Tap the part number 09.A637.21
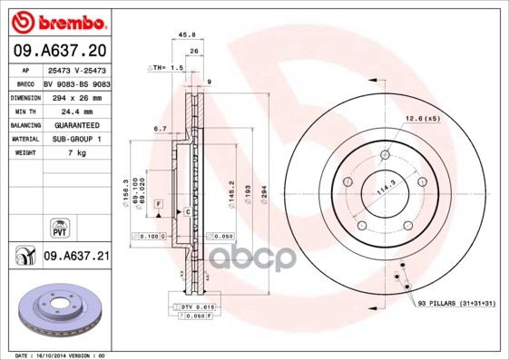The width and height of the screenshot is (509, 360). point(76,257)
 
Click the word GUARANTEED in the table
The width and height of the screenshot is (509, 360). point(75,125)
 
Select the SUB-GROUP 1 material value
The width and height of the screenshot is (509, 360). point(75,140)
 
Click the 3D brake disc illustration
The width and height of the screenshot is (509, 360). point(59,312)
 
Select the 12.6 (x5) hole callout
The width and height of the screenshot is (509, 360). point(422,119)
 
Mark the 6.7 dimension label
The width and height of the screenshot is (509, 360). point(159,129)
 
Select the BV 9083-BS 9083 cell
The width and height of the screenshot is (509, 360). point(76,83)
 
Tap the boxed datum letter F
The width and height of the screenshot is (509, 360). point(158,204)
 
